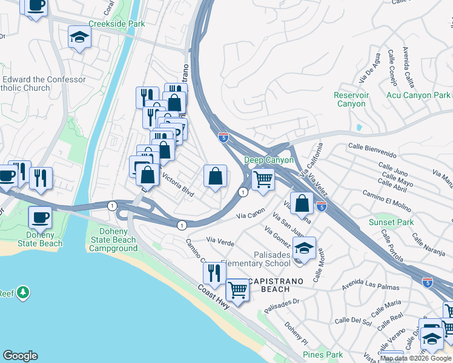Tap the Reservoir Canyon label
351,99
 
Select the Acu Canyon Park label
418,95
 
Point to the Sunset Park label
391,222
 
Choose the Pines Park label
323,355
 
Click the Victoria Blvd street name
177,185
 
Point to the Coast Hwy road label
214,296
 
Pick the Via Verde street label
220,241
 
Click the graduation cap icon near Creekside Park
79,38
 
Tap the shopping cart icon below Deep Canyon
262,178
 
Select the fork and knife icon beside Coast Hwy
213,273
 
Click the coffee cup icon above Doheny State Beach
41,216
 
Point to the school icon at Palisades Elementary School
304,247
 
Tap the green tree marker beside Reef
23,293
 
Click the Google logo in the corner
21,356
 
